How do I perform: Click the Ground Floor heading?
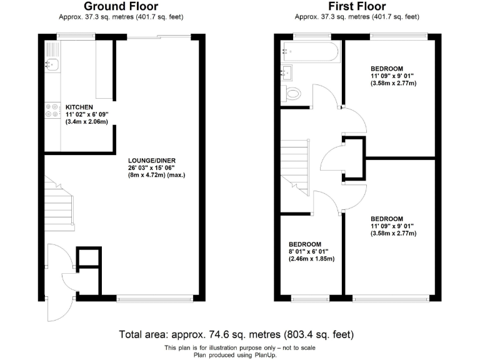[124, 7]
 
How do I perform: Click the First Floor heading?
[356, 7]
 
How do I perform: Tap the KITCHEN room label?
[79, 107]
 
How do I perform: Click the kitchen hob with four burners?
[49, 111]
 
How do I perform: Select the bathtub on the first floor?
[310, 52]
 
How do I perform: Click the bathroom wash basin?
[288, 73]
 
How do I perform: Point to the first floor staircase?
[295, 164]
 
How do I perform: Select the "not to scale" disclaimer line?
[240, 347]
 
